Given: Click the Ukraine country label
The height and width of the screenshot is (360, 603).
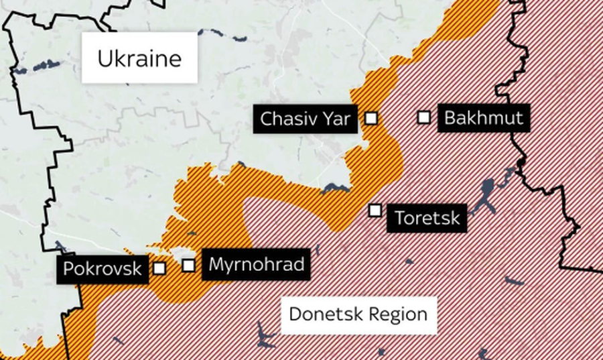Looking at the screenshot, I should [x=139, y=58].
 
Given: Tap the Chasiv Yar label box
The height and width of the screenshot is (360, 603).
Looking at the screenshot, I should [x=305, y=119].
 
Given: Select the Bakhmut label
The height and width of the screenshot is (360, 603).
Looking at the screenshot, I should [x=484, y=119].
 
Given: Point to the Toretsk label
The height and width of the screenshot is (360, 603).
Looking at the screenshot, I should [x=427, y=218].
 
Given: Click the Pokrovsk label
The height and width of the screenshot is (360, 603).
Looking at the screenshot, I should [x=103, y=269].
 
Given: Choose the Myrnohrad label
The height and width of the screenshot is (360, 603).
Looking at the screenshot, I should [x=256, y=264].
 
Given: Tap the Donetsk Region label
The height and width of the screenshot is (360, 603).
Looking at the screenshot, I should [x=358, y=314].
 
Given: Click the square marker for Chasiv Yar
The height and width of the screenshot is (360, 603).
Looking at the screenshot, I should [x=371, y=119].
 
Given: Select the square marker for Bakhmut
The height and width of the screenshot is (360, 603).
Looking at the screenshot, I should [x=423, y=117].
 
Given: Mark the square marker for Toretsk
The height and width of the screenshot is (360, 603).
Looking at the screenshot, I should [x=375, y=211].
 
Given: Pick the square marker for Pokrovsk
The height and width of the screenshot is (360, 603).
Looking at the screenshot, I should [x=159, y=268].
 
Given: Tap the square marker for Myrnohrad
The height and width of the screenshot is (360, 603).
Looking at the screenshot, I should [x=189, y=265].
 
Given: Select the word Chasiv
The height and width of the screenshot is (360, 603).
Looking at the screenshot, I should [x=287, y=119].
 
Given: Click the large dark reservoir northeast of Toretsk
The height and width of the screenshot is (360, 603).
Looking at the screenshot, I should [x=486, y=191].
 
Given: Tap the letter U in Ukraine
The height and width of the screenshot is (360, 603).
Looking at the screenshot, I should [x=105, y=59].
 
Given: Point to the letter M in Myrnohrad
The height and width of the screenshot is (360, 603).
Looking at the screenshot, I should [x=216, y=264].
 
